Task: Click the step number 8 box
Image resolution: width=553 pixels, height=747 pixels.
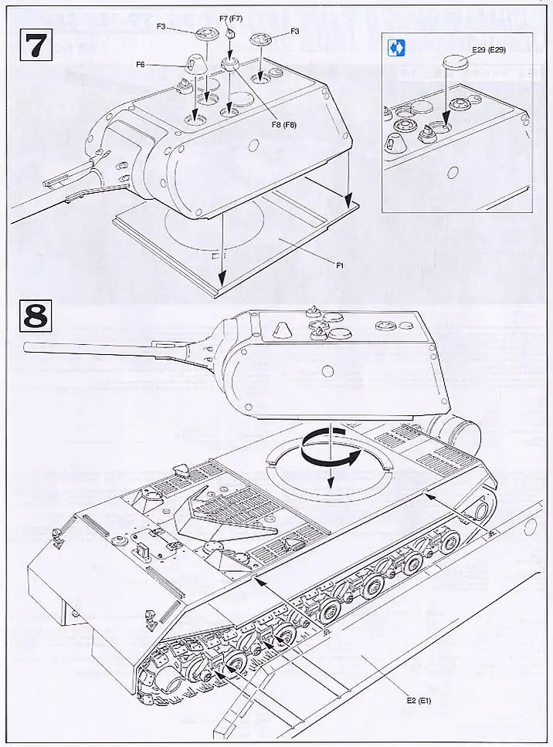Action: click(x=33, y=318)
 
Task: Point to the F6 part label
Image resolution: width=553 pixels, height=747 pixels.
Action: click(x=141, y=65)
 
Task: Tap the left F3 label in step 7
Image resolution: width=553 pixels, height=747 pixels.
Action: click(x=161, y=26)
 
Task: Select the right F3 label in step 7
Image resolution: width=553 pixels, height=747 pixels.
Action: click(x=294, y=31)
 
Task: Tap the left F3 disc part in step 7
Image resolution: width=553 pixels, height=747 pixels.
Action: click(x=207, y=33)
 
